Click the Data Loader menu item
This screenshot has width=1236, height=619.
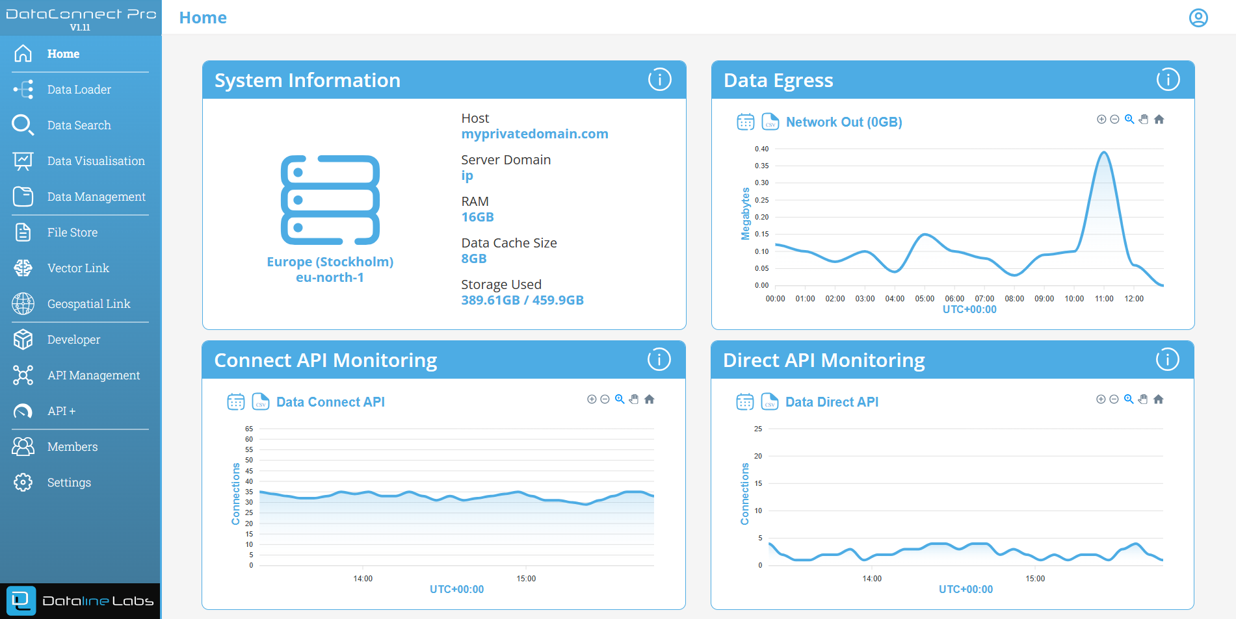(79, 90)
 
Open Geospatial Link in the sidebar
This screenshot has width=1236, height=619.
(88, 304)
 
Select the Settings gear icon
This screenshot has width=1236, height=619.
(23, 482)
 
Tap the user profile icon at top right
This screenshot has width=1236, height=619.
(1198, 18)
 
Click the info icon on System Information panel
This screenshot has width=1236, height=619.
(659, 80)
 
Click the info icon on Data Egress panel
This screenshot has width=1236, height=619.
(1168, 80)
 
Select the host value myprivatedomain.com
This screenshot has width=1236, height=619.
(534, 134)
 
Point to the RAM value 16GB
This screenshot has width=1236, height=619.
(477, 217)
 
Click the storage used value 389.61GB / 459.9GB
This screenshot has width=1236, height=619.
(522, 300)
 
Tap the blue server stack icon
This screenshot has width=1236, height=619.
(330, 199)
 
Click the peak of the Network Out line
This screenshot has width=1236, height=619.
(1103, 153)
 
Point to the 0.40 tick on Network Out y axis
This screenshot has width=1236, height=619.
(761, 149)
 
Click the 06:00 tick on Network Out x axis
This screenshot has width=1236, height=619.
(954, 299)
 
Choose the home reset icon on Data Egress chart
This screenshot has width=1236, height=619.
(1159, 120)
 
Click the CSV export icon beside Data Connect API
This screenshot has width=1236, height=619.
(260, 401)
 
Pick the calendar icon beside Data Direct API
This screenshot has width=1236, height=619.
(745, 401)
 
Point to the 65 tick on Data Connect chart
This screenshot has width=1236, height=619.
(249, 429)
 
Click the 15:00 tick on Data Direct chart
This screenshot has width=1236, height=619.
(1035, 579)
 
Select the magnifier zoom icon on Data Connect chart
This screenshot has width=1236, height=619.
(620, 399)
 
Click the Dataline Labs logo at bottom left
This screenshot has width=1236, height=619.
(81, 601)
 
